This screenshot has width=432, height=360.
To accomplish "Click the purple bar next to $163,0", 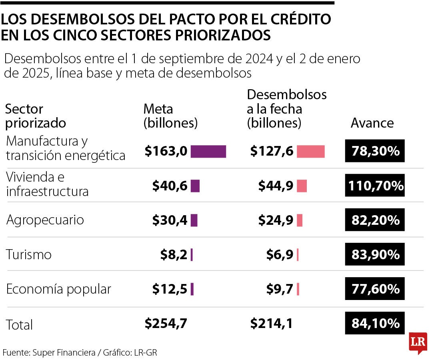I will click(x=208, y=152).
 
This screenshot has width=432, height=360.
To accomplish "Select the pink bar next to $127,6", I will click(x=310, y=152).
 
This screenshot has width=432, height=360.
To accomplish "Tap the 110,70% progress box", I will click(x=375, y=186).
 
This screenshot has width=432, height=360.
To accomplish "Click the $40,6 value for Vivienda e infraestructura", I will click(x=170, y=186).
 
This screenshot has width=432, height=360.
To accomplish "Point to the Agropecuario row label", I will click(x=45, y=220).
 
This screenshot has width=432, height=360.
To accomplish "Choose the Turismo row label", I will click(x=29, y=254).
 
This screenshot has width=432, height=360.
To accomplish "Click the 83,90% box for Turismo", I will click(x=375, y=254).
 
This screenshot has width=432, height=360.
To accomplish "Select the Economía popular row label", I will click(x=58, y=289).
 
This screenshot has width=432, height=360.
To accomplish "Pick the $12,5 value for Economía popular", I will click(x=170, y=289).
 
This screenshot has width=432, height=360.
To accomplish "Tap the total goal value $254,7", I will click(x=166, y=324).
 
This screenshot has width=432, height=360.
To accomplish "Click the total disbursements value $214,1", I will click(x=271, y=324).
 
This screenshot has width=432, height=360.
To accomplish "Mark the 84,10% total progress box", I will click(x=375, y=323).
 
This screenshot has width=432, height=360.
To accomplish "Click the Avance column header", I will click(x=372, y=123).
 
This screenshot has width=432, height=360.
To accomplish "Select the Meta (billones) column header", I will click(x=170, y=116).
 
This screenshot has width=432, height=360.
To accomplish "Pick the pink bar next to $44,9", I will click(x=302, y=186).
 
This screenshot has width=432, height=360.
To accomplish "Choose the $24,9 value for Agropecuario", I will click(x=276, y=220).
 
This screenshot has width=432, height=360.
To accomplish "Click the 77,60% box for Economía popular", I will click(x=375, y=289).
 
